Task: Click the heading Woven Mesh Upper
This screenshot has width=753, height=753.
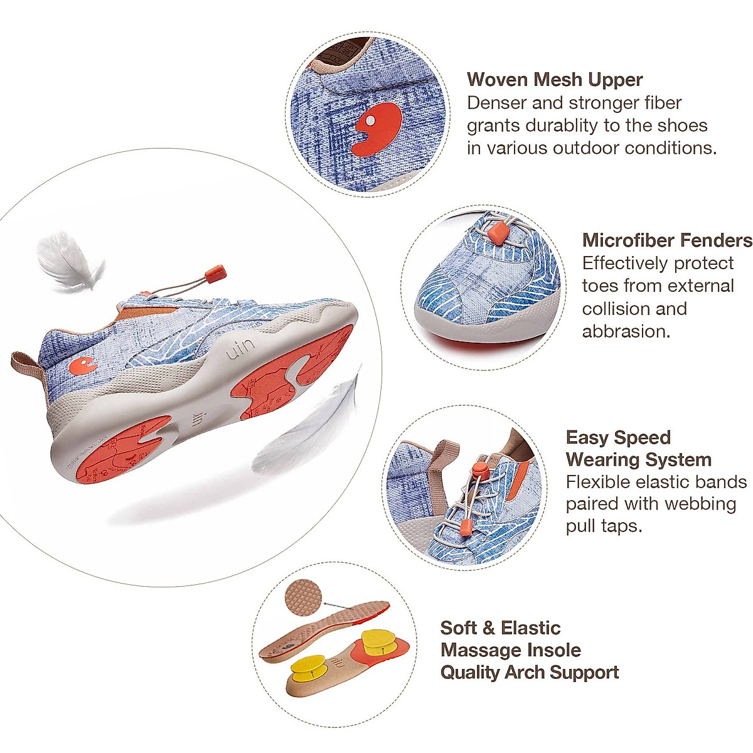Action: pyautogui.click(x=555, y=80)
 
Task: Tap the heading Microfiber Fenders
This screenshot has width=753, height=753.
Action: pyautogui.click(x=666, y=240)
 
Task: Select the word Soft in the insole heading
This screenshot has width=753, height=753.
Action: pyautogui.click(x=457, y=628)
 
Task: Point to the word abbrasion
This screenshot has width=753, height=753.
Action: pyautogui.click(x=626, y=331)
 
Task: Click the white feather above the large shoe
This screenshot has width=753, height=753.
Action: pyautogui.click(x=67, y=260)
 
